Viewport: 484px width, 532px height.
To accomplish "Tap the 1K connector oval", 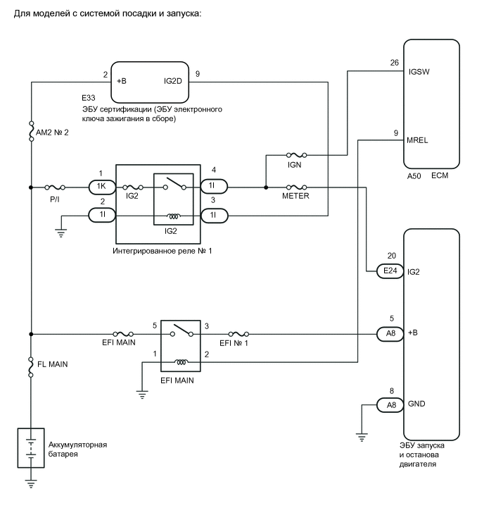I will (x=101, y=187).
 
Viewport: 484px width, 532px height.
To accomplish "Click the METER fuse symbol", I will (x=294, y=187).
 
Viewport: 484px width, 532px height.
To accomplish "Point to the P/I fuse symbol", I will (x=56, y=187).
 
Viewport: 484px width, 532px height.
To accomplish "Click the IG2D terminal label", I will (x=172, y=81).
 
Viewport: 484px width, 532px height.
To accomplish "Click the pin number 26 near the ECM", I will (x=394, y=62).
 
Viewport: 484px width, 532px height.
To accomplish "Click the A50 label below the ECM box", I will (x=416, y=176).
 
